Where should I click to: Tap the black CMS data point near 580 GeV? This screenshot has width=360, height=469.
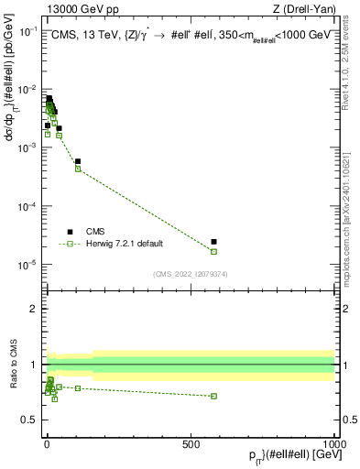coord(213,242)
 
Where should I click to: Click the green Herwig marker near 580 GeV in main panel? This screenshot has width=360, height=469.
coord(213,251)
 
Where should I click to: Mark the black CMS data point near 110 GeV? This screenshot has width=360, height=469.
coord(78,161)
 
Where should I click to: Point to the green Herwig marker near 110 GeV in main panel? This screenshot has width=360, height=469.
coord(78,169)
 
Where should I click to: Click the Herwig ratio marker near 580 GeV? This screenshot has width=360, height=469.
coord(213,396)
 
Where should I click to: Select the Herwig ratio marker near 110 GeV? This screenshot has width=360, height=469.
coord(78,388)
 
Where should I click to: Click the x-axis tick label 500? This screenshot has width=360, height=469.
coord(191,442)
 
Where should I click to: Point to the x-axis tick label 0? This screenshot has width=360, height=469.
coord(46,442)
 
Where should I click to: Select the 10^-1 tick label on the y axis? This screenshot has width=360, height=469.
coord(28,30)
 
